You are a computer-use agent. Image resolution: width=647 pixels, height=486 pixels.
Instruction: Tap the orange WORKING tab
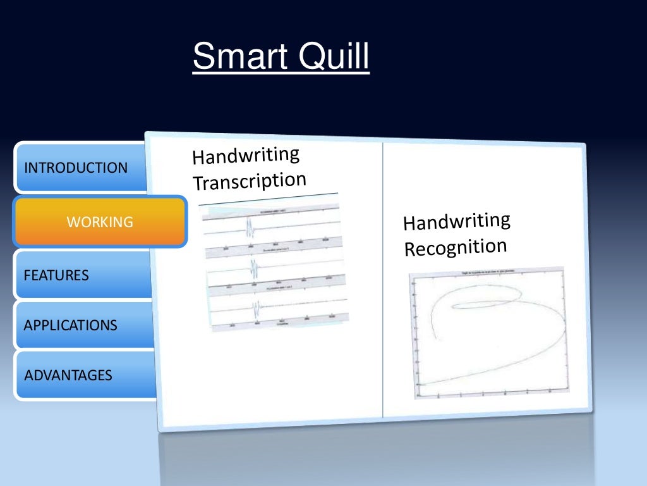[99, 221]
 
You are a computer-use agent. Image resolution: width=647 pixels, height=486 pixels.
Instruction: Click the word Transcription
[249, 181]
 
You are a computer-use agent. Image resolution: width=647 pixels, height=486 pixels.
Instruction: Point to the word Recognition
[456, 247]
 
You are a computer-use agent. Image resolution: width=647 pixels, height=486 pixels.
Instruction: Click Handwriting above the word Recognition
[456, 221]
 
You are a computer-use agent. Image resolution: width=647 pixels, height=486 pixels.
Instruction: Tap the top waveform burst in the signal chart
[250, 227]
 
